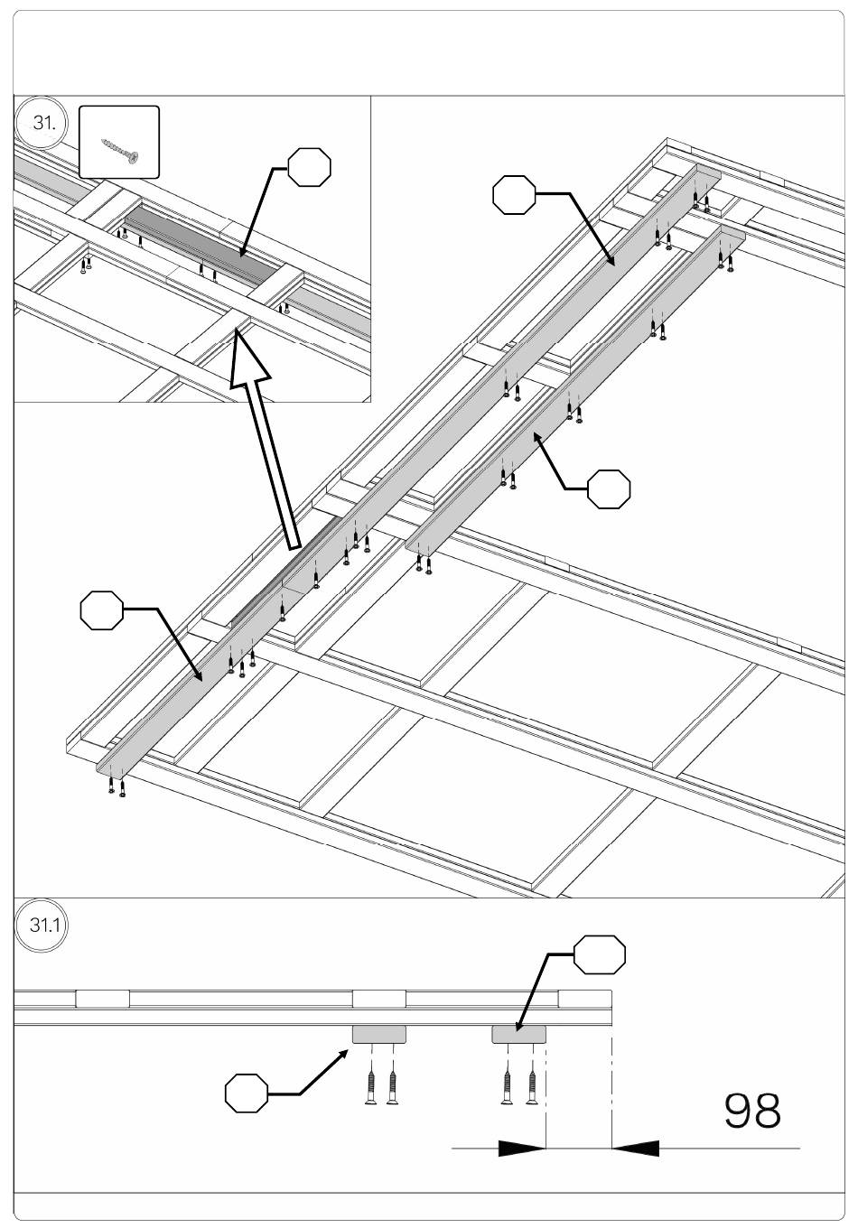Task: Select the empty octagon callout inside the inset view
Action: (x=309, y=167)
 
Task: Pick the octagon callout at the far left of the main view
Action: (x=101, y=611)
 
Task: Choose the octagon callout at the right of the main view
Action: (x=609, y=488)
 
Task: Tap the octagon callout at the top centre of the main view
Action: (x=515, y=195)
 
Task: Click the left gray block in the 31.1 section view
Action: (x=378, y=1034)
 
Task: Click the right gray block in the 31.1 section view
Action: (x=518, y=1034)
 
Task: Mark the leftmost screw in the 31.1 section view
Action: (x=370, y=1086)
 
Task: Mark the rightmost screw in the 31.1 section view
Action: (x=532, y=1086)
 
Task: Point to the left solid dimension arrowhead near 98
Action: (x=521, y=1149)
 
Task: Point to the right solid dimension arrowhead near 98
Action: (x=636, y=1149)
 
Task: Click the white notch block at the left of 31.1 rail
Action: (x=102, y=998)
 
